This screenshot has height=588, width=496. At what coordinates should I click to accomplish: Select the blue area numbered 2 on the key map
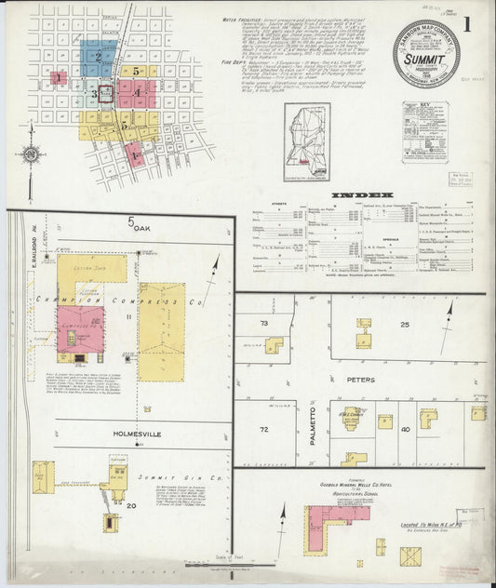[x=97, y=58]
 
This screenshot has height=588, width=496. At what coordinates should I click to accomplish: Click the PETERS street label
[x=361, y=380]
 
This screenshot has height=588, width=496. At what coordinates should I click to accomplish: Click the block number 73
[x=263, y=324]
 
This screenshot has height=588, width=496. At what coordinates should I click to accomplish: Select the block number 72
[x=263, y=429]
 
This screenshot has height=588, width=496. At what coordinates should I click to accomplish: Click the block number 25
[x=405, y=324]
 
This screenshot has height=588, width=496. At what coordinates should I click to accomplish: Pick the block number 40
[x=405, y=429]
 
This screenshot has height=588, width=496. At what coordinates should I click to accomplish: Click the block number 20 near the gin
[x=131, y=505]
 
